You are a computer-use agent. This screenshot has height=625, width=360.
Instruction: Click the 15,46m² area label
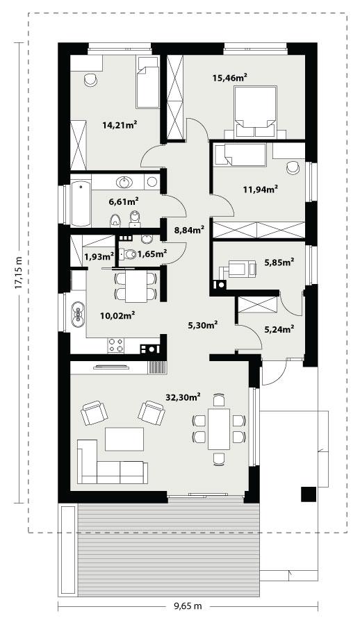coord(230,79)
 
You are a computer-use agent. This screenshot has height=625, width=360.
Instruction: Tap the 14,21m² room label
coord(119,125)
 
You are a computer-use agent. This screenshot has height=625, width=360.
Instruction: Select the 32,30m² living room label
coord(183,397)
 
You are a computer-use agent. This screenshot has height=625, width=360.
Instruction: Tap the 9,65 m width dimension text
coord(187,606)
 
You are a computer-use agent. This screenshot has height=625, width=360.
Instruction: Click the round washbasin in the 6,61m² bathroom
coord(125,183)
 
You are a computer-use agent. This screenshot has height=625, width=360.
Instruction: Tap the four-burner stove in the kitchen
coord(115,344)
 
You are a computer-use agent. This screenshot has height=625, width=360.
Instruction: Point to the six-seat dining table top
coord(220,428)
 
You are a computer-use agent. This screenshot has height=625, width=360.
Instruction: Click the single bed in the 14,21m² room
coord(147,83)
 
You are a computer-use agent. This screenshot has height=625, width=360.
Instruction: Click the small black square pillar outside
coord(308,494)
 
